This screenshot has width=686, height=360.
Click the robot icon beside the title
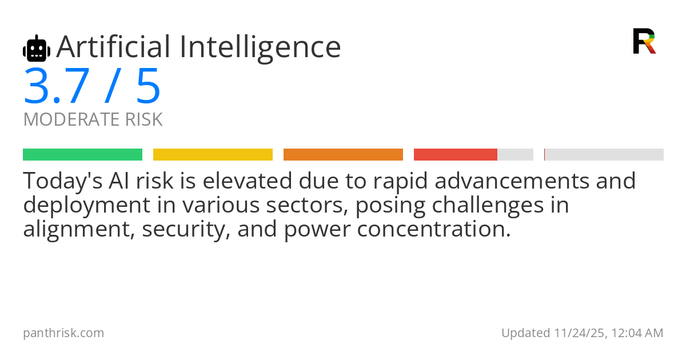click(x=37, y=49)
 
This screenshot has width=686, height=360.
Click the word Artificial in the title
click(x=113, y=47)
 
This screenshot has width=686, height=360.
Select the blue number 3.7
click(x=56, y=87)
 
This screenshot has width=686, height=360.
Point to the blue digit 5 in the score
click(x=148, y=87)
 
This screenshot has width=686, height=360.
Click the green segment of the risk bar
click(x=82, y=154)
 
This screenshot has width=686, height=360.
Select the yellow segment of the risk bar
click(x=213, y=154)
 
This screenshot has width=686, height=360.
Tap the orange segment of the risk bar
click(x=343, y=154)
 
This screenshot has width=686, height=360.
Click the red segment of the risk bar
click(x=455, y=154)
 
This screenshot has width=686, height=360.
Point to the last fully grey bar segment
click(x=604, y=154)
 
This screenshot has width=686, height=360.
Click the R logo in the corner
click(x=644, y=41)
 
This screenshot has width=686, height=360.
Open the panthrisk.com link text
click(x=63, y=333)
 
